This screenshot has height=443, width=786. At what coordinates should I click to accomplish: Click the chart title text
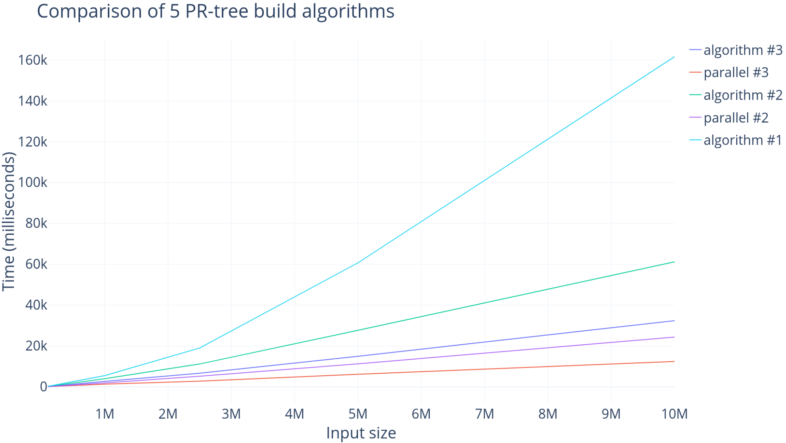pos(216,11)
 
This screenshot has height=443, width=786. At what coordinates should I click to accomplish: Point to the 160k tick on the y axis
pos(32,60)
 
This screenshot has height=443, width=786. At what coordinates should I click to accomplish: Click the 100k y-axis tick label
pos(32,183)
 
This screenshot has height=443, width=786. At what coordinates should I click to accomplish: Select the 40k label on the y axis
pos(36,305)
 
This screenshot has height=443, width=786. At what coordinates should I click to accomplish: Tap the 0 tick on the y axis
pos(43,387)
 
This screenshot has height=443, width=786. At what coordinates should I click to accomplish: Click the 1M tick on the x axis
pos(105,414)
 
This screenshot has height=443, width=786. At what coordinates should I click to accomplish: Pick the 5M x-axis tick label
pos(358,414)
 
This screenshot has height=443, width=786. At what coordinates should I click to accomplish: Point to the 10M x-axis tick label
pos(675,414)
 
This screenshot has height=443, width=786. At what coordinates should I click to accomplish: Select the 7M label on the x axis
pos(484,414)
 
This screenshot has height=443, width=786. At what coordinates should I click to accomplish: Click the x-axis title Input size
pos(361,433)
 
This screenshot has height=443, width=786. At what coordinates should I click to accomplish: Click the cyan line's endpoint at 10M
pos(675,57)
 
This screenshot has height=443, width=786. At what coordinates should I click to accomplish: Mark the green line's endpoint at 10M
pos(675,262)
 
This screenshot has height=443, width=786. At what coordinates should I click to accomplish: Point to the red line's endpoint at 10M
pos(675,361)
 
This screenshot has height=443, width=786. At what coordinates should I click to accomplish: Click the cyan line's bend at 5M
pos(358,263)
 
